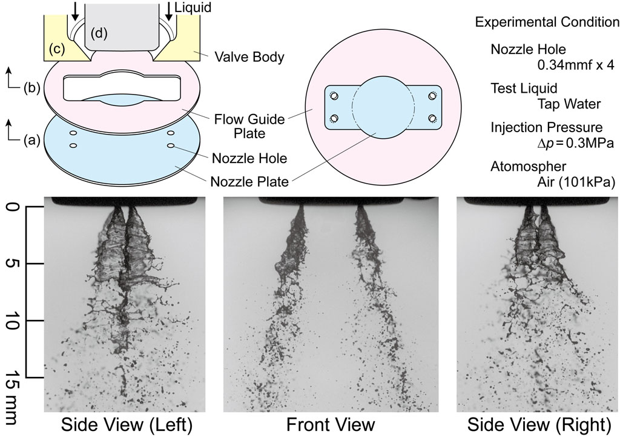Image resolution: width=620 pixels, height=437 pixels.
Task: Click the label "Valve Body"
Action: [x=249, y=58]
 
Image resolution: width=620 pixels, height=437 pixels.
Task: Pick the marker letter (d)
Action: [x=99, y=34]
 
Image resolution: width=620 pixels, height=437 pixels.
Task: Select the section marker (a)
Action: [x=31, y=140]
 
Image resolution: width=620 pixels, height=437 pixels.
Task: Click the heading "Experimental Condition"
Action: [x=547, y=22]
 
